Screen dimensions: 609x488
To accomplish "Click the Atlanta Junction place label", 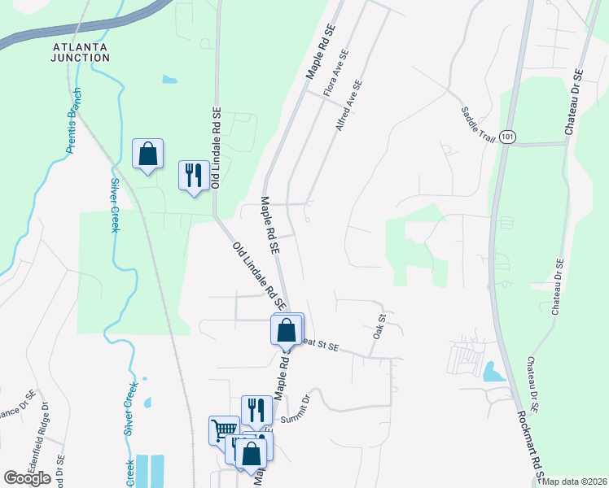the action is (x=81, y=52).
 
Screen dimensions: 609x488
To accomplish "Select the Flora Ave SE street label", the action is (x=336, y=74).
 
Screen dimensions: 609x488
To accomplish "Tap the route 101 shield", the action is (x=508, y=137).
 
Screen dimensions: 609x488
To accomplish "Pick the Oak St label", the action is (x=379, y=321).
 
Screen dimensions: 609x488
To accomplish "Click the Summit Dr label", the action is (x=296, y=411).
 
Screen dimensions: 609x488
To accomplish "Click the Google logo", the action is (x=27, y=477).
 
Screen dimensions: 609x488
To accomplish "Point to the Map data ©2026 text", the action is (x=575, y=481).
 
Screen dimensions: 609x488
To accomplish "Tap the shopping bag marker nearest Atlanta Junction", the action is (x=147, y=153).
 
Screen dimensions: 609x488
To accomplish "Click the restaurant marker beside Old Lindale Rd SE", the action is (x=194, y=176).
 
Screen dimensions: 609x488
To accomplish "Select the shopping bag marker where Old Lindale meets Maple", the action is (x=286, y=330).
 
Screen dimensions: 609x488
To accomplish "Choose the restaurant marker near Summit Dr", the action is (x=256, y=411).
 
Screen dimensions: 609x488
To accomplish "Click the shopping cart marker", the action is (x=224, y=430).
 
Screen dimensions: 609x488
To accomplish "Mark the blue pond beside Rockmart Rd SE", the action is (x=493, y=372).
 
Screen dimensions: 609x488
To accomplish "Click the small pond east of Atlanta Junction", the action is (x=169, y=80).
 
